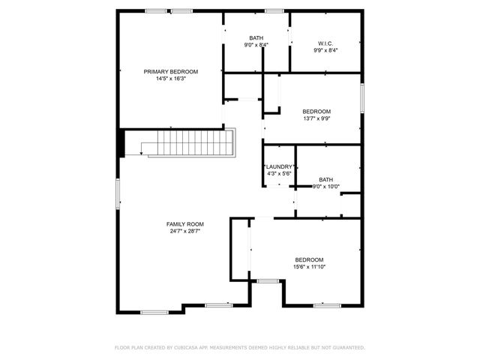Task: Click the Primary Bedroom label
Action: point(170,71)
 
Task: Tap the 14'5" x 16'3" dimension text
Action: point(170,79)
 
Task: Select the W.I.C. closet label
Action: point(325,43)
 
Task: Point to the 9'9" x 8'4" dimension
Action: point(325,51)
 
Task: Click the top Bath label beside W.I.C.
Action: point(256,37)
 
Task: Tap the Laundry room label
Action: point(278,166)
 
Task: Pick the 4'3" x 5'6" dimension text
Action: point(278,173)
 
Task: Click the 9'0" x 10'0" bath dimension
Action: point(325,187)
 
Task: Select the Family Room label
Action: point(184,223)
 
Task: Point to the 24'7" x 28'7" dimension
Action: point(184,231)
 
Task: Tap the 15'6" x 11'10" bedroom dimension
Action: point(309,266)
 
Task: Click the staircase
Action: point(191,142)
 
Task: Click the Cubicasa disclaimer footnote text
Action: point(239,348)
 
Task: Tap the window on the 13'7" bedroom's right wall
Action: point(361,97)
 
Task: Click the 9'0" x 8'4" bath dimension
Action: point(256,45)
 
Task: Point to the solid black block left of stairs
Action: point(120,143)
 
